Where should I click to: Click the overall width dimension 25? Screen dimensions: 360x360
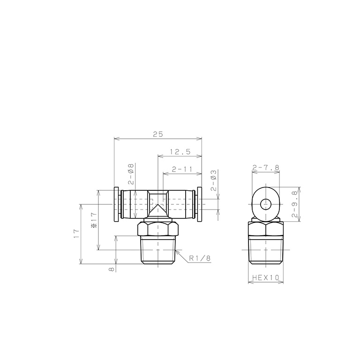click(157, 134)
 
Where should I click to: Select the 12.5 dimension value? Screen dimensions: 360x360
click(180, 151)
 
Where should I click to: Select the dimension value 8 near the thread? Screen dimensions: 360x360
click(111, 269)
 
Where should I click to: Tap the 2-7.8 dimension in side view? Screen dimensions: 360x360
click(266, 167)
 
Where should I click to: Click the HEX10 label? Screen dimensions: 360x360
click(265, 277)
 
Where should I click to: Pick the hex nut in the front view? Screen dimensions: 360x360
click(158, 230)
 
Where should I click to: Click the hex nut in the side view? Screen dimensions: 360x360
click(266, 230)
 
